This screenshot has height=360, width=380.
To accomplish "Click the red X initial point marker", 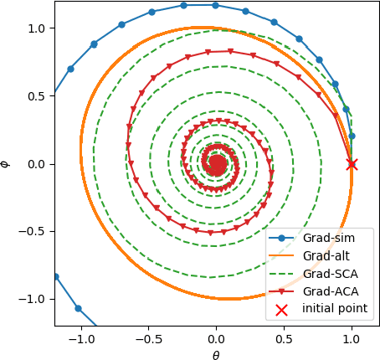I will pyautogui.click(x=352, y=164).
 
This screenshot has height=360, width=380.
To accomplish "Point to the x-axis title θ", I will pyautogui.click(x=216, y=354).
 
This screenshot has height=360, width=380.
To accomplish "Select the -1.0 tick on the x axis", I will pyautogui.click(x=81, y=338).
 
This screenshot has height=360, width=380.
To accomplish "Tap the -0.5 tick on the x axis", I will pyautogui.click(x=149, y=338).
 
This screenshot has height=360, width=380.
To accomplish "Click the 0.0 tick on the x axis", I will pyautogui.click(x=216, y=338).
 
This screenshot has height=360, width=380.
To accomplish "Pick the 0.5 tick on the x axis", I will pyautogui.click(x=284, y=338).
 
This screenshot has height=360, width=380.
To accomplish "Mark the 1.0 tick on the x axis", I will pyautogui.click(x=352, y=338).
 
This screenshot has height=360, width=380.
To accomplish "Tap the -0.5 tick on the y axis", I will pyautogui.click(x=30, y=231).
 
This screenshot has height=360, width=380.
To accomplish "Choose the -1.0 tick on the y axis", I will pyautogui.click(x=30, y=299).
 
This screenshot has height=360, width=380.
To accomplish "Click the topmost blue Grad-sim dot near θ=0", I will pyautogui.click(x=215, y=5).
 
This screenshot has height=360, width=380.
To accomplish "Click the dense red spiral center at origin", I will pyautogui.click(x=216, y=164).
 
